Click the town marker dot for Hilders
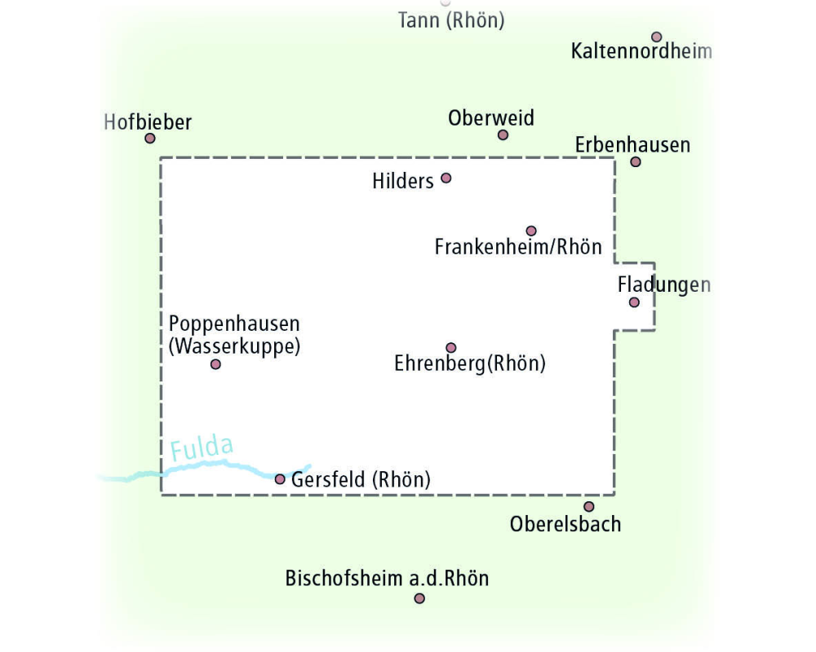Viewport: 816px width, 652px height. click(446, 178)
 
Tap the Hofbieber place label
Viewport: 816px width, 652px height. click(148, 122)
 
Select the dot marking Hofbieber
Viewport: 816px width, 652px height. click(150, 139)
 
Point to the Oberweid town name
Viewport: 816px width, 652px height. click(490, 118)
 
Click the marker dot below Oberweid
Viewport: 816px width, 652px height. click(503, 135)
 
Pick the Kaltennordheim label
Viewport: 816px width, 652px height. click(641, 51)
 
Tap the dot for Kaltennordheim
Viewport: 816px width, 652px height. click(657, 37)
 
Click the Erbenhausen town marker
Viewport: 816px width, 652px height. click(636, 161)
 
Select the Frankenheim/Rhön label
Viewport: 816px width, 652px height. click(518, 246)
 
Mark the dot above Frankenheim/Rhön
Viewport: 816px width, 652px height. click(531, 231)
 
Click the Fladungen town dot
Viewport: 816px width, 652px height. click(634, 302)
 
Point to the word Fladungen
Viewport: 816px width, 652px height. click(664, 285)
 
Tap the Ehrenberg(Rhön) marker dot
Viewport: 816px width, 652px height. click(451, 347)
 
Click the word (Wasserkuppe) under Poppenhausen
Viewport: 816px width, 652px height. click(235, 346)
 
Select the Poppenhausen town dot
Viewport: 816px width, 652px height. click(215, 364)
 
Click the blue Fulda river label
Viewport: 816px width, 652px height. click(202, 447)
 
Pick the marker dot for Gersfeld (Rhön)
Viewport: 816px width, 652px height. click(280, 479)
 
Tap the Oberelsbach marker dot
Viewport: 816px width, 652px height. click(588, 506)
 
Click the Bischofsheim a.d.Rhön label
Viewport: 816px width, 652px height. click(387, 578)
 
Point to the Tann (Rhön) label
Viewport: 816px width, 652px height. click(451, 20)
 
